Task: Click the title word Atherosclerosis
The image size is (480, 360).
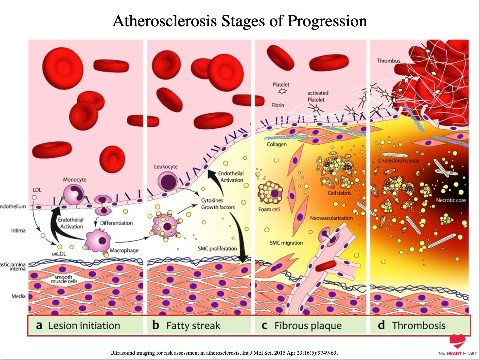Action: click(165, 21)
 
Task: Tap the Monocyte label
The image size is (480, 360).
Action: click(74, 180)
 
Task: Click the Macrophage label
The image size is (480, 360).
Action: click(124, 250)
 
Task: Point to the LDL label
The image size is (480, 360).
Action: click(37, 190)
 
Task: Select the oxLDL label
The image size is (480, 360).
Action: click(59, 254)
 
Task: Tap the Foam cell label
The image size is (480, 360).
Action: click(269, 209)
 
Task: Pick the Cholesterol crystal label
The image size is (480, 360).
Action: click(398, 161)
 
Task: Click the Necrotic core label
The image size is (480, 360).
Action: click(451, 200)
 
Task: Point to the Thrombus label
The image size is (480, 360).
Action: click(388, 61)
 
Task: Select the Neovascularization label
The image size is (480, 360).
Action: click(331, 218)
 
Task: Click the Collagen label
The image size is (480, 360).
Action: click(277, 144)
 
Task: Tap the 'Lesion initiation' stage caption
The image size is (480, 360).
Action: click(84, 326)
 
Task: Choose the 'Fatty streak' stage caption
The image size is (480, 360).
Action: click(193, 326)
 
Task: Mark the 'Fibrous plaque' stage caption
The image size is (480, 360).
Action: click(308, 326)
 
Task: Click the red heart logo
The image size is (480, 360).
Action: click(457, 341)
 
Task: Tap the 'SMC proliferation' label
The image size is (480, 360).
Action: click(217, 249)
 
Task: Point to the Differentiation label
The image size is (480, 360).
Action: click(116, 223)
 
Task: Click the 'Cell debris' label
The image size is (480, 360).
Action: click(339, 193)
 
